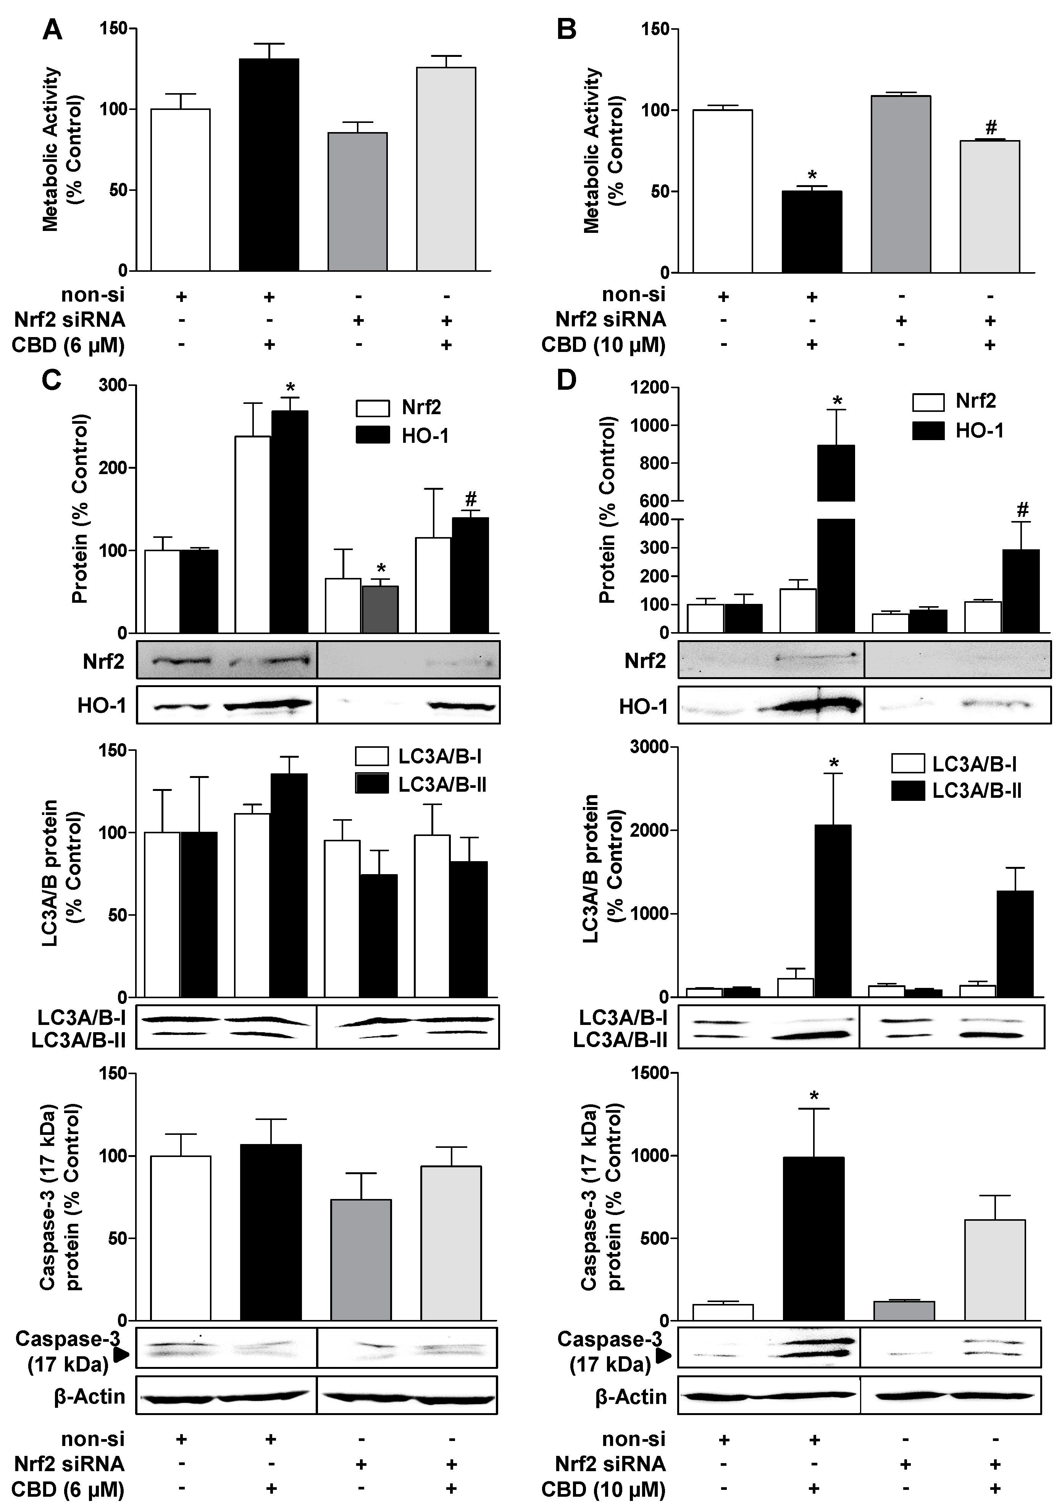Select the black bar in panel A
click(x=269, y=165)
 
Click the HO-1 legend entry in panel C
click(x=402, y=435)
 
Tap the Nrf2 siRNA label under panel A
click(x=69, y=320)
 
